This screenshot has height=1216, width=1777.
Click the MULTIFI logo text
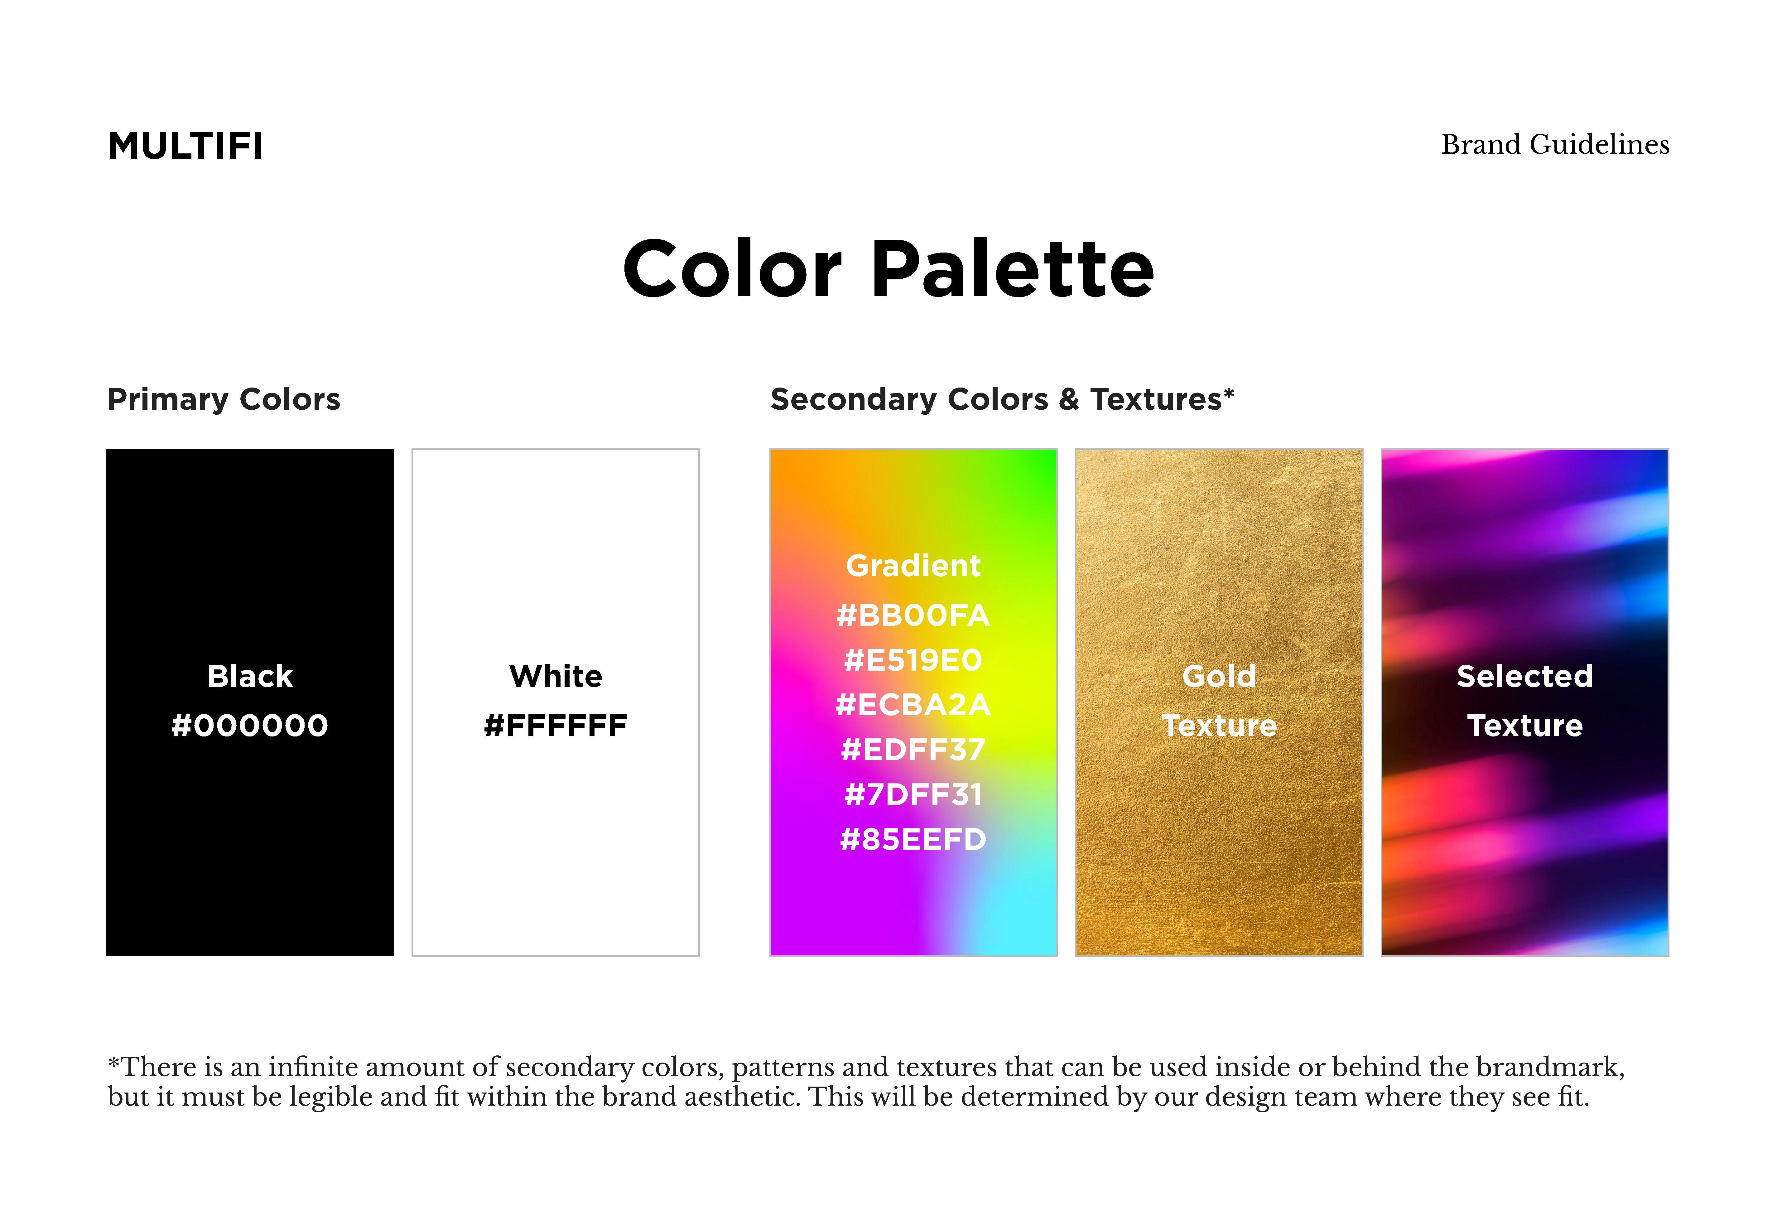[x=185, y=146]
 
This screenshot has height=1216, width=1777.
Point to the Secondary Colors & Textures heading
[x=1002, y=399]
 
